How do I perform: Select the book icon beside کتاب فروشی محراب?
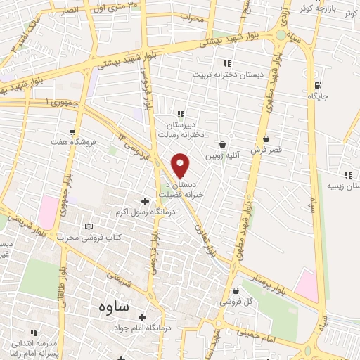88,226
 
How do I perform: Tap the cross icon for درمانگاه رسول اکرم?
145,201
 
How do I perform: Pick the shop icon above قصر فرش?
266,139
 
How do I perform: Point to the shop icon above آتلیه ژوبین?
223,144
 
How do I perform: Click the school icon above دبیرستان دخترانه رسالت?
181,114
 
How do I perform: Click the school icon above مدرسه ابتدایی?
32,331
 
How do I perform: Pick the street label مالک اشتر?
16,40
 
